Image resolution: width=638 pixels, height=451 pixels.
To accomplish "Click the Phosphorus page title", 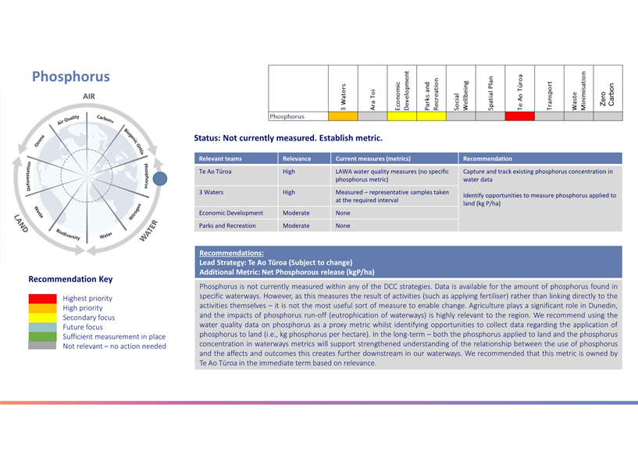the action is pyautogui.click(x=71, y=76).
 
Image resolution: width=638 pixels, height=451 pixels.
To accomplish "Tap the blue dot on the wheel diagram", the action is pyautogui.click(x=160, y=179).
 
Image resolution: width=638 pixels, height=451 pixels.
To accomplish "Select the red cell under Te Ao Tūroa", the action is pyautogui.click(x=519, y=116).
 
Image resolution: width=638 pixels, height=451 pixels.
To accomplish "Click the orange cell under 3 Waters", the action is pyautogui.click(x=343, y=116).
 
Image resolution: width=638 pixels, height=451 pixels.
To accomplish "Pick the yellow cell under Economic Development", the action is pyautogui.click(x=402, y=116).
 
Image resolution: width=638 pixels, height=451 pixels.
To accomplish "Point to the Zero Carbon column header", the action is pyautogui.click(x=608, y=94).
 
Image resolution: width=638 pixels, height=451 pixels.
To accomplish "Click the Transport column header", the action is pyautogui.click(x=549, y=96).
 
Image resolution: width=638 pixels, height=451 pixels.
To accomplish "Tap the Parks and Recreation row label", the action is pyautogui.click(x=227, y=225).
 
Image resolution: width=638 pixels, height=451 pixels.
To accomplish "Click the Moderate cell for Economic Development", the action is pyautogui.click(x=296, y=213).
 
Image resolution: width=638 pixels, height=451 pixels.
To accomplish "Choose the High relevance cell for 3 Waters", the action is pyautogui.click(x=288, y=192).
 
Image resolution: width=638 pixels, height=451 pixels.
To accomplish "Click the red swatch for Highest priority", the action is pyautogui.click(x=42, y=299).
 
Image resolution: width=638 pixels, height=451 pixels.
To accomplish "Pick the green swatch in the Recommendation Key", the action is pyautogui.click(x=42, y=336).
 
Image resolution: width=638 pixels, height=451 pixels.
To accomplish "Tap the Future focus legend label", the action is pyautogui.click(x=83, y=327).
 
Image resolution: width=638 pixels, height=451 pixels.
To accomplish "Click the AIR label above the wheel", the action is pyautogui.click(x=89, y=97).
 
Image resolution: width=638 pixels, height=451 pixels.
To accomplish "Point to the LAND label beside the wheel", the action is pyautogui.click(x=21, y=223).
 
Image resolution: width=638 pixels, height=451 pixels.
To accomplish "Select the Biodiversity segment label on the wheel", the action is pyautogui.click(x=68, y=235).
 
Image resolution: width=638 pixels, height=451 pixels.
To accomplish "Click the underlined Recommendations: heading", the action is pyautogui.click(x=231, y=253).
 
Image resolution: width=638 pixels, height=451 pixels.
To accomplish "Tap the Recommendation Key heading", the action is pyautogui.click(x=70, y=279).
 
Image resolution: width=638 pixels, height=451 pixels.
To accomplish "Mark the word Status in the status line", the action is pyautogui.click(x=207, y=138).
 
